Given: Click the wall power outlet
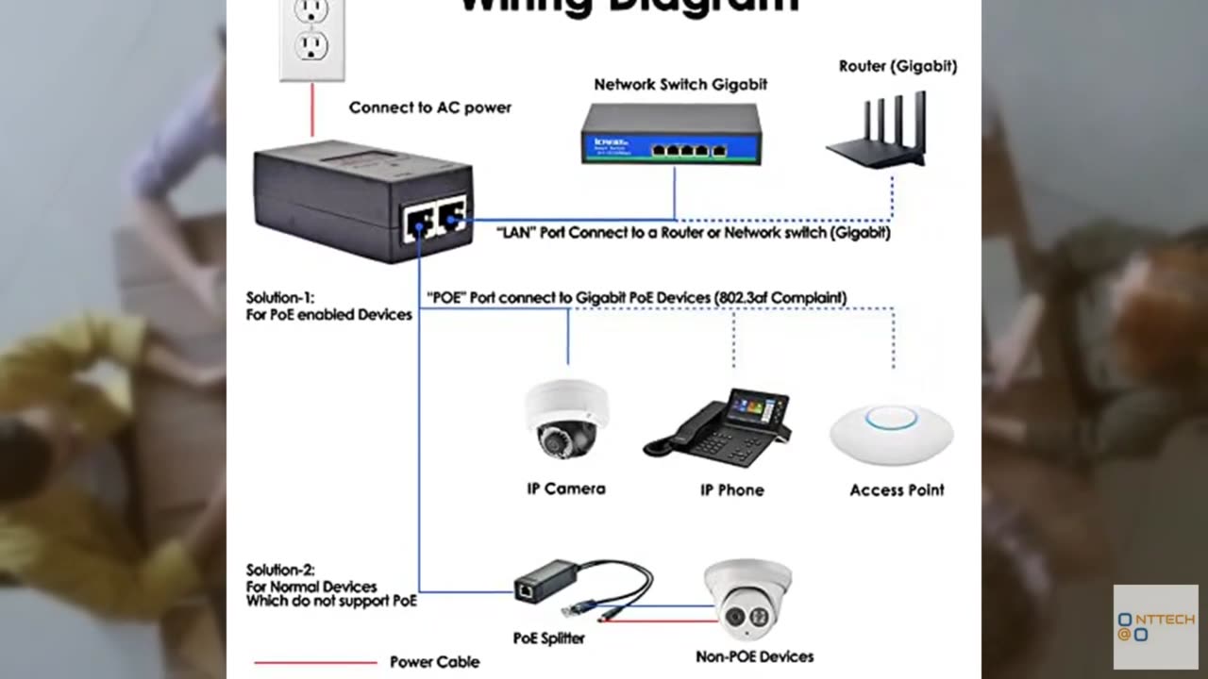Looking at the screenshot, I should pos(311,38).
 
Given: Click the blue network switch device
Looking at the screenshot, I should pos(671,134).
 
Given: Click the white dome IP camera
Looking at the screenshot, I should pos(566,420).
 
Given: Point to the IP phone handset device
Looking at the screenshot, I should pos(717,429).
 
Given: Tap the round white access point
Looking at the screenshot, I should pos(892,434).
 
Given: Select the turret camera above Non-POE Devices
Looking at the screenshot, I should pos(747,599).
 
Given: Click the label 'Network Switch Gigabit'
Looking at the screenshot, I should pos(680,84).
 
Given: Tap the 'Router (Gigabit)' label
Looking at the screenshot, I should pos(898,66).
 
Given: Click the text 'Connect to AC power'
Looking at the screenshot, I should pos(429,108).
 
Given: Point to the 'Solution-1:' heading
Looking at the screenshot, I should pos(279,297).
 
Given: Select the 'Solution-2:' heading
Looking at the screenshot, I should pos(279,570).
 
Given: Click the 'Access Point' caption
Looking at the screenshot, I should pos(897,489).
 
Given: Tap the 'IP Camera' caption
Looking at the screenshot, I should pos(566,489).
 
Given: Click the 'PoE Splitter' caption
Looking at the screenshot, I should pos(548,638).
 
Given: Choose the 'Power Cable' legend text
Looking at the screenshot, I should pos(434,662).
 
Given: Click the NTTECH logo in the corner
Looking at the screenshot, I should pos(1155,626).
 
